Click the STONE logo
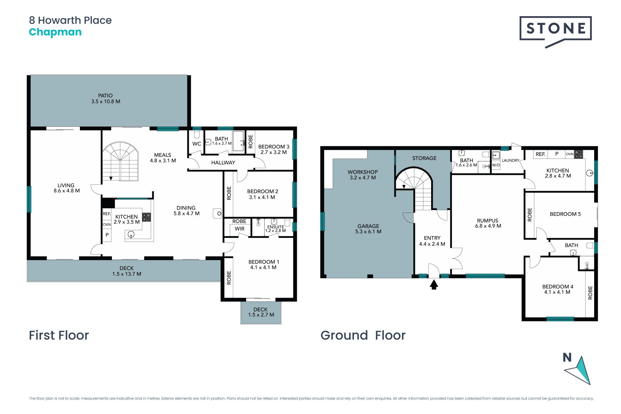coord(555,31)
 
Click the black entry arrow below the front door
coord(434,285)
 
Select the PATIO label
coord(105,96)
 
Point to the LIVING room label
coord(66,185)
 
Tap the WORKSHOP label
coord(363,172)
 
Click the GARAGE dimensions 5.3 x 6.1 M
coord(368,232)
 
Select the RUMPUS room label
coord(487,221)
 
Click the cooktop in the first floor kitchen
coord(147,217)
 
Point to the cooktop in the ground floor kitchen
coord(579,154)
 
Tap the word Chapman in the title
coord(55,32)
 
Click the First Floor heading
coord(59,335)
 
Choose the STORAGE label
coord(424,158)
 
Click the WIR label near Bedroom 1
coord(240,229)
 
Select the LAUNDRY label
coord(510,160)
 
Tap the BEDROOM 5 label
coord(565,214)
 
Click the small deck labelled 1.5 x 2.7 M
coord(261,313)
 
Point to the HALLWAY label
coord(223,163)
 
